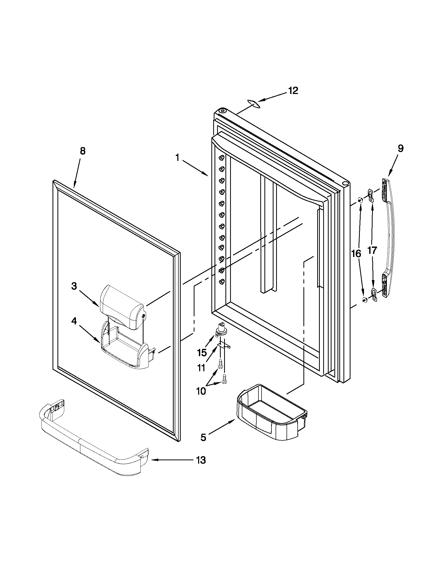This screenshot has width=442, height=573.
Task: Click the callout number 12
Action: [x=293, y=91]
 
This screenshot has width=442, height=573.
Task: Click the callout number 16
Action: [x=356, y=254]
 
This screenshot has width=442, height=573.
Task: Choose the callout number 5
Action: [x=203, y=437]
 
